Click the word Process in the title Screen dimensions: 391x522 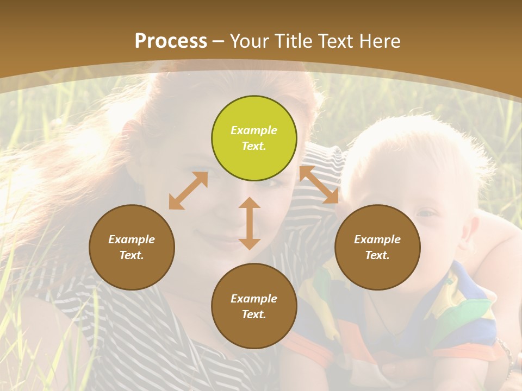[171, 41]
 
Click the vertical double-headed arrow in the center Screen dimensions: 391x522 [250, 223]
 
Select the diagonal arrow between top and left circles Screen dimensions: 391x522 [188, 191]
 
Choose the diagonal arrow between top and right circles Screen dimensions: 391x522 [319, 185]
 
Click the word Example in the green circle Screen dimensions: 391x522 [254, 130]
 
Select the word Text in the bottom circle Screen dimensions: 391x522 [253, 314]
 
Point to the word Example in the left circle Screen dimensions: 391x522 [132, 239]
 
